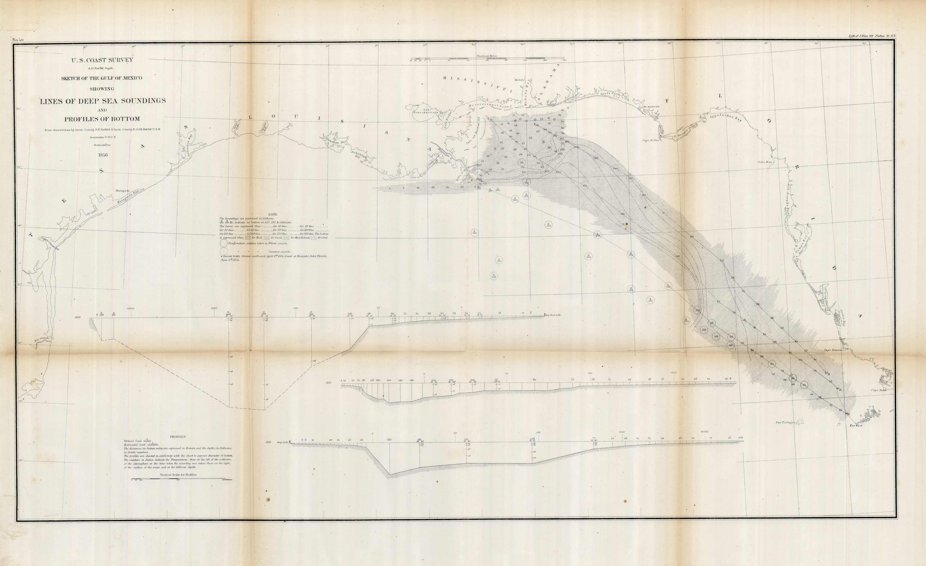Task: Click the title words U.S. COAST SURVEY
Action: pos(102,60)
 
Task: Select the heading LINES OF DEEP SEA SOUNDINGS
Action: pos(103,101)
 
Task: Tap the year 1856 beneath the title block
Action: pos(103,155)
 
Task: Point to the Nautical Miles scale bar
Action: pos(487,60)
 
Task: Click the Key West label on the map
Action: pos(853,426)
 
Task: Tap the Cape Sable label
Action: pos(879,390)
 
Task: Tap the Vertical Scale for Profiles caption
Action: pos(178,475)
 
